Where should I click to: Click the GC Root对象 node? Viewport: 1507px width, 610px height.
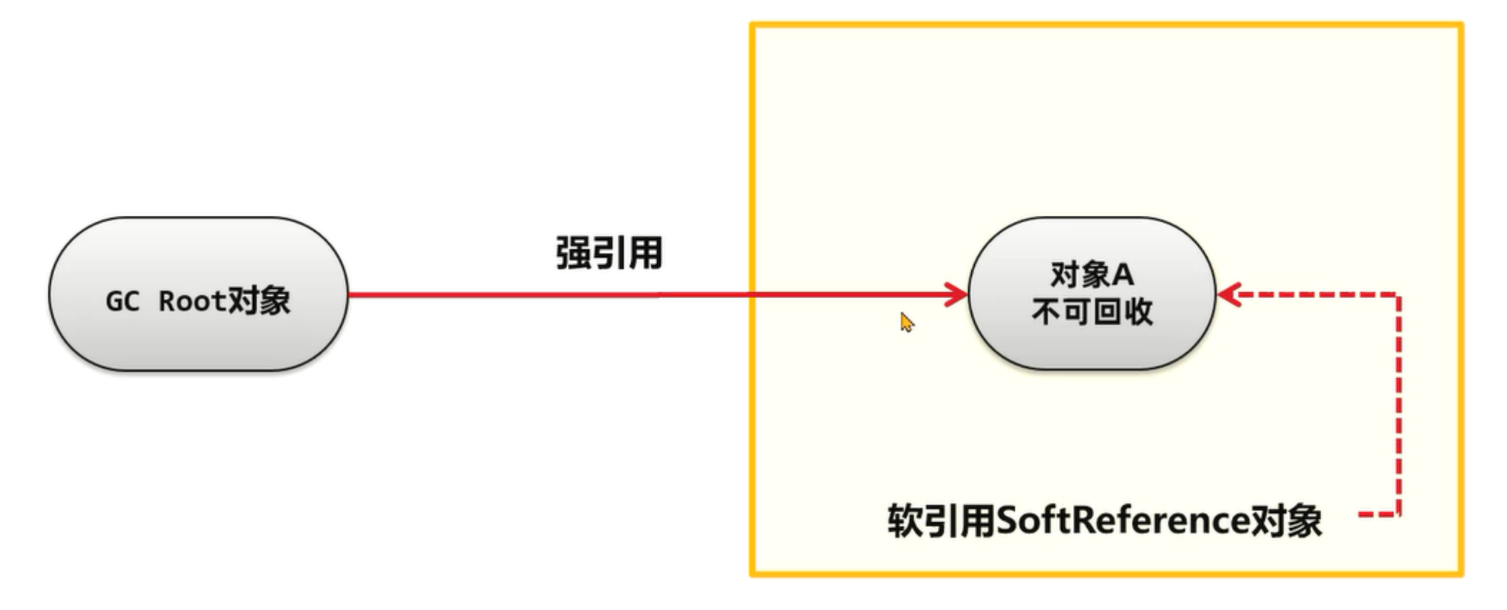click(x=198, y=294)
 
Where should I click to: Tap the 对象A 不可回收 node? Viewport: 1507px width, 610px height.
click(x=1092, y=294)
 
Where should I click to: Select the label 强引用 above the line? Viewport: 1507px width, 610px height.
click(x=608, y=253)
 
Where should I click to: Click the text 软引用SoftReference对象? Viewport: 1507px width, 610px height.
click(x=1104, y=522)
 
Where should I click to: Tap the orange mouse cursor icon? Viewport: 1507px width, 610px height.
click(x=906, y=322)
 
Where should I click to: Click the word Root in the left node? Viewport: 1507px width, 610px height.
click(x=191, y=301)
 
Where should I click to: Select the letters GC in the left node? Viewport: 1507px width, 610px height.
click(x=123, y=302)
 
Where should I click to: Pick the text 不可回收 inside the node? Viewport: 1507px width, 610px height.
click(x=1092, y=312)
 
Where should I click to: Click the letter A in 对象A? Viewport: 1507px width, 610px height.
click(x=1123, y=274)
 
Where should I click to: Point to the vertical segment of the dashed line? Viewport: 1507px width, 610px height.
click(x=1399, y=404)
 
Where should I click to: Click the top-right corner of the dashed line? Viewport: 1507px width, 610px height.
click(x=1399, y=294)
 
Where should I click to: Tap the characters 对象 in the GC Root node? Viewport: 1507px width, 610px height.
click(x=259, y=301)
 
